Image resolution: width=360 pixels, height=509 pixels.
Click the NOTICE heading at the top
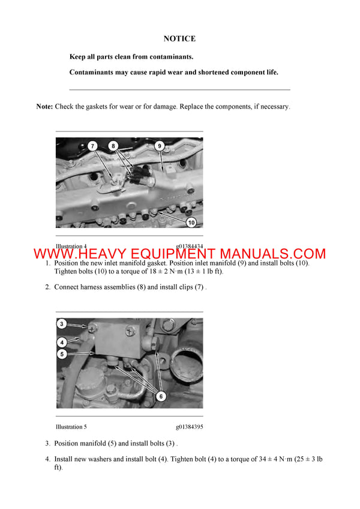coord(179,39)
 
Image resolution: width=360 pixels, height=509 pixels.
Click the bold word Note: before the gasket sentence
coord(44,106)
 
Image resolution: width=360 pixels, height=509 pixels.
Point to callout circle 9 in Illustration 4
coord(159,146)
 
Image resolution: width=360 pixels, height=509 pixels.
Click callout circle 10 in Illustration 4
coord(191,222)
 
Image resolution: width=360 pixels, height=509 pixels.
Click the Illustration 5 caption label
coord(71,427)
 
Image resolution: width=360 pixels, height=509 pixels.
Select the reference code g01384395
coord(190,427)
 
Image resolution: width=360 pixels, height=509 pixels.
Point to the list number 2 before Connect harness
coord(47,287)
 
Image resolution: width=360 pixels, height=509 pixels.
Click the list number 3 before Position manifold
coord(47,444)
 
